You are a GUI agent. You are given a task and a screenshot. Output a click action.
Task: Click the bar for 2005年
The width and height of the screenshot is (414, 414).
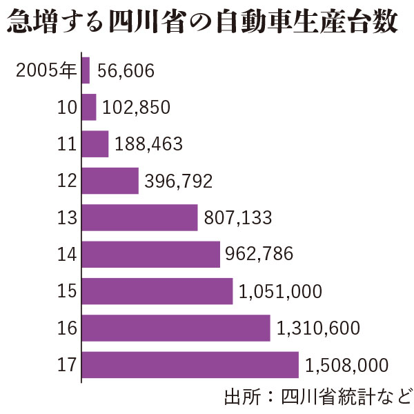coord(86,70)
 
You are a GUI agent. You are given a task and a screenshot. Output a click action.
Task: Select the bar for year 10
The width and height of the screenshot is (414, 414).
coord(89,107)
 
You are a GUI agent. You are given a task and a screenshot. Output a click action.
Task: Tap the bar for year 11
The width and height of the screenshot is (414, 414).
coord(95,144)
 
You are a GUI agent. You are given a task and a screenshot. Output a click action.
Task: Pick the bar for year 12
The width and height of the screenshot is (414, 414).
coord(110,181)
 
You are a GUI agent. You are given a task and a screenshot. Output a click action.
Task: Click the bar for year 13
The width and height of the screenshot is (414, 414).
coord(140,217)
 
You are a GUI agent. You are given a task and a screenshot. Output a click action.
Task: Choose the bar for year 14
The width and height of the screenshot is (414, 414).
coord(151,254)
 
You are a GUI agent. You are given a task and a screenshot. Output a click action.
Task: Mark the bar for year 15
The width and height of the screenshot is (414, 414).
coord(157,290)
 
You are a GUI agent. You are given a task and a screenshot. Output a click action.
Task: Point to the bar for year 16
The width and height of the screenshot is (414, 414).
coord(176,328)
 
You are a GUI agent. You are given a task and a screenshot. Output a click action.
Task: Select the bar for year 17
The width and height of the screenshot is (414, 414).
coord(190,364)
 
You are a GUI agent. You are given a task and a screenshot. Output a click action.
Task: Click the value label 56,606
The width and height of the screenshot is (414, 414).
coord(126,70)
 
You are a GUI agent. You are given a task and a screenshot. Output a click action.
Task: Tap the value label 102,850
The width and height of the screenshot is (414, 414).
coord(136,108)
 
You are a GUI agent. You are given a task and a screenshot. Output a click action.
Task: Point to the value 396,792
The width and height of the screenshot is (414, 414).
coord(179,181)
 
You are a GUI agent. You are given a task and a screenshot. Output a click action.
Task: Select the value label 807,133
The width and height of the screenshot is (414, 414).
coord(238,218)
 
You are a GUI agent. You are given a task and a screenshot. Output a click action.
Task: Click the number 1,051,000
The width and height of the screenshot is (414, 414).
coord(280,291)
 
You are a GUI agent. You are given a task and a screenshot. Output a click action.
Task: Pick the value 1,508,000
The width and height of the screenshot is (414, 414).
coord(347,365)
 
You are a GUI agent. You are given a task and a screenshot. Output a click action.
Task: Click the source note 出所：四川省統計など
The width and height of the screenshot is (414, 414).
coord(317,397)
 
